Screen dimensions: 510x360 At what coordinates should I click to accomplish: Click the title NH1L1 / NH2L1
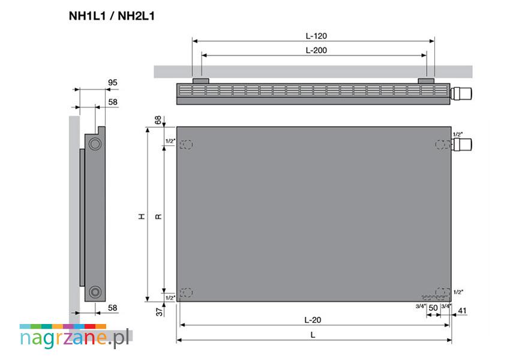click(112, 16)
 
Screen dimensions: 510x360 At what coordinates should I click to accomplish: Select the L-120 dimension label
click(316, 36)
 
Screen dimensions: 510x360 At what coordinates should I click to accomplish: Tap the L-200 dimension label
click(316, 50)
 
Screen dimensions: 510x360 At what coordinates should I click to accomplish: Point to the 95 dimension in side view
click(113, 83)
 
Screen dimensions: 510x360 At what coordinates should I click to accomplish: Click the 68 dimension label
click(158, 120)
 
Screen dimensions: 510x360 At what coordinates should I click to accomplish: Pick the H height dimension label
click(142, 216)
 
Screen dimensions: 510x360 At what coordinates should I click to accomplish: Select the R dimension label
click(158, 217)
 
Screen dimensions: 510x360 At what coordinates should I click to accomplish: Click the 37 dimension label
click(159, 312)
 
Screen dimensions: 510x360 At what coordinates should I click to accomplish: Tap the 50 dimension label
click(433, 308)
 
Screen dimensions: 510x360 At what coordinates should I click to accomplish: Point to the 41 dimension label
click(462, 311)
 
